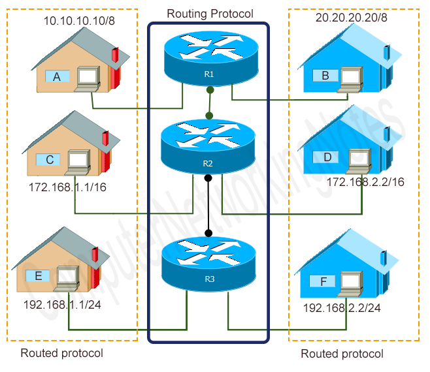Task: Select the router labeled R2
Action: pos(208,147)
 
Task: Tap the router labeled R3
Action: pos(208,264)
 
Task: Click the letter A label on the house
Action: pos(57,77)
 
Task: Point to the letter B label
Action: pos(325,76)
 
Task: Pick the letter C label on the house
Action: pos(49,158)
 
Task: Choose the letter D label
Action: pos(327,157)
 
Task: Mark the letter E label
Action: pos(38,276)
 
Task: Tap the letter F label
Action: pos(323,283)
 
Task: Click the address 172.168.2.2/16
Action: pos(365,181)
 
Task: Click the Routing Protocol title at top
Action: pos(210,13)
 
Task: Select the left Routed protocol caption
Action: pos(62,353)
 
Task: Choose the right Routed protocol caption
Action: pos(342,354)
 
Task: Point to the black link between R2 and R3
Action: pos(208,205)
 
